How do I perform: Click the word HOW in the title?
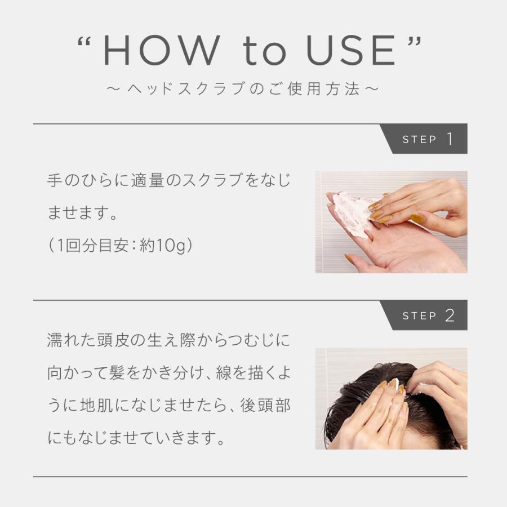(159, 51)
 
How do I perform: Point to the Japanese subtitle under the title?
(242, 90)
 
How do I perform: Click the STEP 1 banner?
(425, 139)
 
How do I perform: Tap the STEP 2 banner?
(425, 315)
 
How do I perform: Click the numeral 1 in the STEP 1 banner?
(450, 139)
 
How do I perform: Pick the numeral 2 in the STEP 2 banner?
(450, 315)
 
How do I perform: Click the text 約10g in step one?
(165, 246)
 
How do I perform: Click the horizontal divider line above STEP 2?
(208, 300)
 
